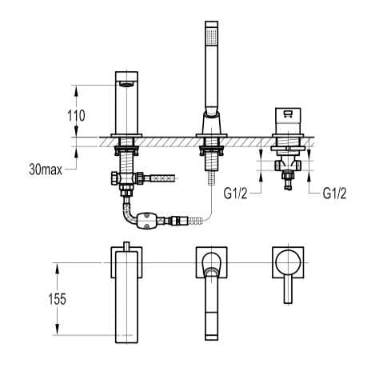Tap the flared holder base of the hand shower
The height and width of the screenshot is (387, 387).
coord(210,125)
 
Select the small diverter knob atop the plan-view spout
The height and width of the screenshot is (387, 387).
coord(126,245)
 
